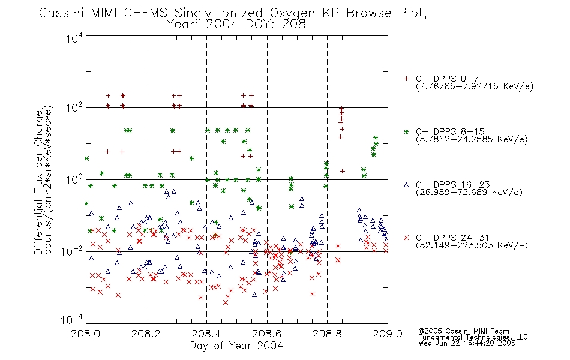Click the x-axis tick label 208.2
point(146,334)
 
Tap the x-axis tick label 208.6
point(266,334)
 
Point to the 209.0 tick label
point(388,334)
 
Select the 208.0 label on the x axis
point(85,334)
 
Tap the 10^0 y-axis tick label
point(74,179)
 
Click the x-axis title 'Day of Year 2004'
point(236,346)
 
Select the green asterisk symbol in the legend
point(406,132)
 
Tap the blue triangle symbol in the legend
point(406,185)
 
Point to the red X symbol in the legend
point(406,238)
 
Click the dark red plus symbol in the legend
point(406,79)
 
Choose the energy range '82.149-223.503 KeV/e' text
point(472,245)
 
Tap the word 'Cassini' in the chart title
point(61,13)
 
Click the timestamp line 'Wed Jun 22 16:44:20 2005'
point(467,343)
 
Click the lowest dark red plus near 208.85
point(342,171)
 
